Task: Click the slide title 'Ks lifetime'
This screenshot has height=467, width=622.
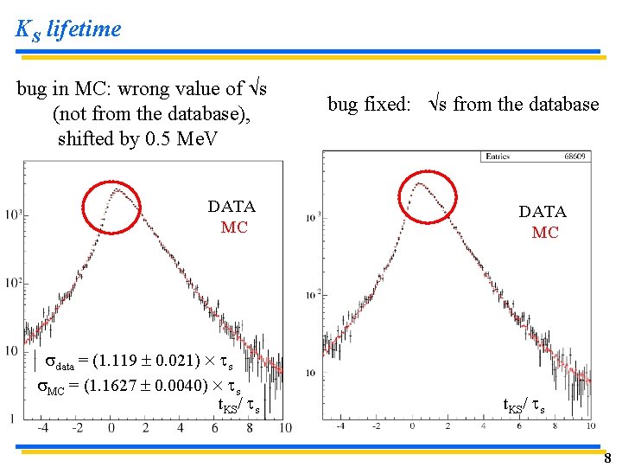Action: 68,29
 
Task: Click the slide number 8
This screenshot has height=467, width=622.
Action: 606,458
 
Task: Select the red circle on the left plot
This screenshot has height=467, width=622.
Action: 112,208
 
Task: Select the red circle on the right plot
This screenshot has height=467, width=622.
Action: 427,196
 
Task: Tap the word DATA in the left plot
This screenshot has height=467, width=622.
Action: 232,207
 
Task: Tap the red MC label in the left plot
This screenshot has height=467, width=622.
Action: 234,227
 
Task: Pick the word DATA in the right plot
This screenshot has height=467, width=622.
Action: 543,212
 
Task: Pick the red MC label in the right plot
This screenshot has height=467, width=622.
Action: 545,233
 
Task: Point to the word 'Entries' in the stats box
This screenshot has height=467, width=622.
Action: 498,157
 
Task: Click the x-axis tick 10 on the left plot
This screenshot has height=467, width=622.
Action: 286,427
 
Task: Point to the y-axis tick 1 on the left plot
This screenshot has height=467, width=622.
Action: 10,419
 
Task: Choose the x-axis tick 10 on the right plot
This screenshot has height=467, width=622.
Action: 590,426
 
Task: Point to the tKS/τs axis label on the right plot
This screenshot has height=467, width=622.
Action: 524,405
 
